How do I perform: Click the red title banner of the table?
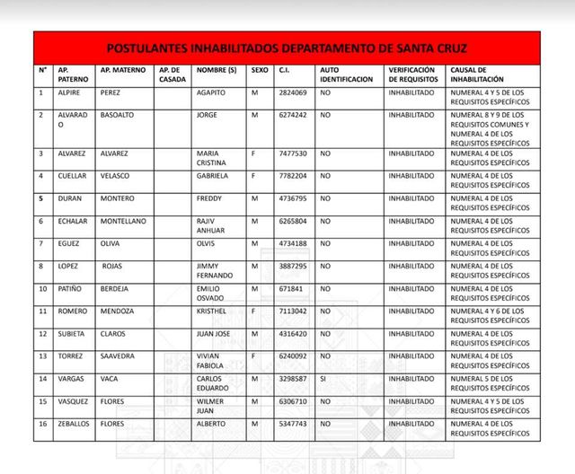(x=287, y=48)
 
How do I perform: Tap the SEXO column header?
(x=260, y=69)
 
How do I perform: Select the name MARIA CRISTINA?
(x=213, y=158)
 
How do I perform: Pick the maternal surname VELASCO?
(x=117, y=176)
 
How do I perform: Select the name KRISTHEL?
(x=214, y=311)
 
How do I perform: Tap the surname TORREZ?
(x=71, y=355)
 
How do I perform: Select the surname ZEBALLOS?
(x=75, y=423)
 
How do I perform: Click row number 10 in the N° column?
(x=41, y=288)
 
